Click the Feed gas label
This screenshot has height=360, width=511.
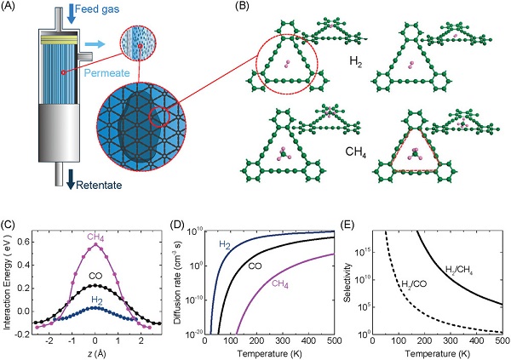click(x=97, y=9)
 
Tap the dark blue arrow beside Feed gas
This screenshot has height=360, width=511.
click(x=71, y=14)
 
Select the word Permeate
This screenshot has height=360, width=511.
click(x=107, y=72)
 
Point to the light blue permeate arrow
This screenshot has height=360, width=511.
click(x=95, y=44)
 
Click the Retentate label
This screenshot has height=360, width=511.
click(x=99, y=185)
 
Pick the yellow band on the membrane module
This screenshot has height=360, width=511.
click(x=59, y=39)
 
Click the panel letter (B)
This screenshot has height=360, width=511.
click(x=242, y=6)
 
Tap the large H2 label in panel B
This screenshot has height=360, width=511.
click(x=356, y=62)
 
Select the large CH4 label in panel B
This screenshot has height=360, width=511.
click(x=355, y=151)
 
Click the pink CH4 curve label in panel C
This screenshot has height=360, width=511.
click(x=95, y=237)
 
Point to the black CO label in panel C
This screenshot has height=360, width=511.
click(x=95, y=277)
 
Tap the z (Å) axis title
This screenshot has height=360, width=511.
click(x=95, y=353)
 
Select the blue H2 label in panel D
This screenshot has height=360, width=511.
click(x=225, y=244)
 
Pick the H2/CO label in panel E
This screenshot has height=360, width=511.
click(x=414, y=284)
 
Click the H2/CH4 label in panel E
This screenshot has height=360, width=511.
click(x=459, y=270)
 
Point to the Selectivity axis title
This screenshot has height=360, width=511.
click(x=348, y=283)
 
